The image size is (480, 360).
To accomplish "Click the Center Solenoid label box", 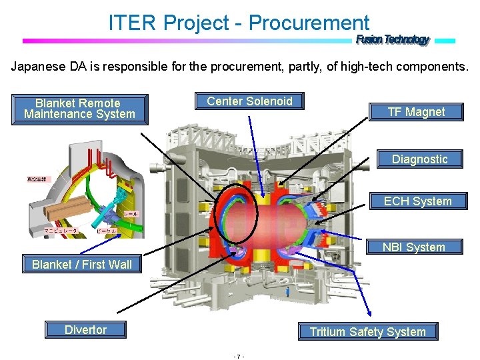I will pyautogui.click(x=249, y=101).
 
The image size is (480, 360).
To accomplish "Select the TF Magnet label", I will pyautogui.click(x=416, y=112).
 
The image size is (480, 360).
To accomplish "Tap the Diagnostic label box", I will pyautogui.click(x=419, y=159).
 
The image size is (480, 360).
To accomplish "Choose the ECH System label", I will pyautogui.click(x=418, y=201).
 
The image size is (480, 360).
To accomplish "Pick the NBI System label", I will pyautogui.click(x=413, y=247).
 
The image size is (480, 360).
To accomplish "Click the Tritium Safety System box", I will pyautogui.click(x=367, y=332).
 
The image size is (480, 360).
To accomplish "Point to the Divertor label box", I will pyautogui.click(x=85, y=330).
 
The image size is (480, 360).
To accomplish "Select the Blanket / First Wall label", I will pyautogui.click(x=82, y=265).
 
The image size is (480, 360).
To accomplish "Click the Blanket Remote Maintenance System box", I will pyautogui.click(x=79, y=109).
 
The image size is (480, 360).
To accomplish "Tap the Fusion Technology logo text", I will pyautogui.click(x=393, y=40).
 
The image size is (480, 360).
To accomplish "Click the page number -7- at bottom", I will pyautogui.click(x=239, y=356).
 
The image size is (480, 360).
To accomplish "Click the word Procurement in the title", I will pyautogui.click(x=309, y=23).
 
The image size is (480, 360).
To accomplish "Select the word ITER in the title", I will pyautogui.click(x=134, y=23).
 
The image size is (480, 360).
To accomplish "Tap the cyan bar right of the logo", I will pyautogui.click(x=445, y=41).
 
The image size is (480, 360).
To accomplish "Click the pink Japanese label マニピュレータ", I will pyautogui.click(x=61, y=231).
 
